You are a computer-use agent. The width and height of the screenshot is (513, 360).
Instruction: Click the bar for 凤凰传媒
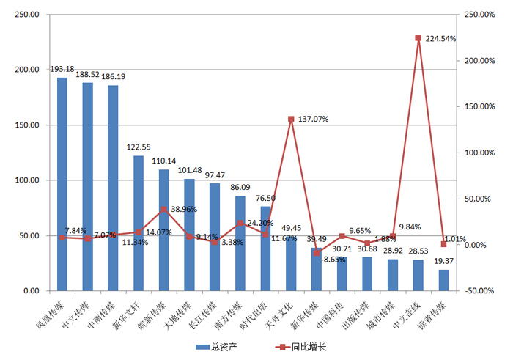pyautogui.click(x=62, y=183)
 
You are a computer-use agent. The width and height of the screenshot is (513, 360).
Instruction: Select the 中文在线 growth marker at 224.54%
pyautogui.click(x=418, y=38)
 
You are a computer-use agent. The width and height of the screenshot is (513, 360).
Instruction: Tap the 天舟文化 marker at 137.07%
pyautogui.click(x=291, y=119)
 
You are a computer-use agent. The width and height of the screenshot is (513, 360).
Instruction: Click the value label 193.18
pyautogui.click(x=63, y=70)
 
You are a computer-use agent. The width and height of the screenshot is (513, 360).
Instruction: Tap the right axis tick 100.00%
pyautogui.click(x=476, y=153)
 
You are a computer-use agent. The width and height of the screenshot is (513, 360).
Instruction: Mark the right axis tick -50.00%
pyautogui.click(x=476, y=291)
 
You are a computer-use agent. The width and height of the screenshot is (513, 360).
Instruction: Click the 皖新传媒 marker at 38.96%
pyautogui.click(x=164, y=210)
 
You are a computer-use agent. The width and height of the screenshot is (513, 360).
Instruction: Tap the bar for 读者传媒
pyautogui.click(x=443, y=280)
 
